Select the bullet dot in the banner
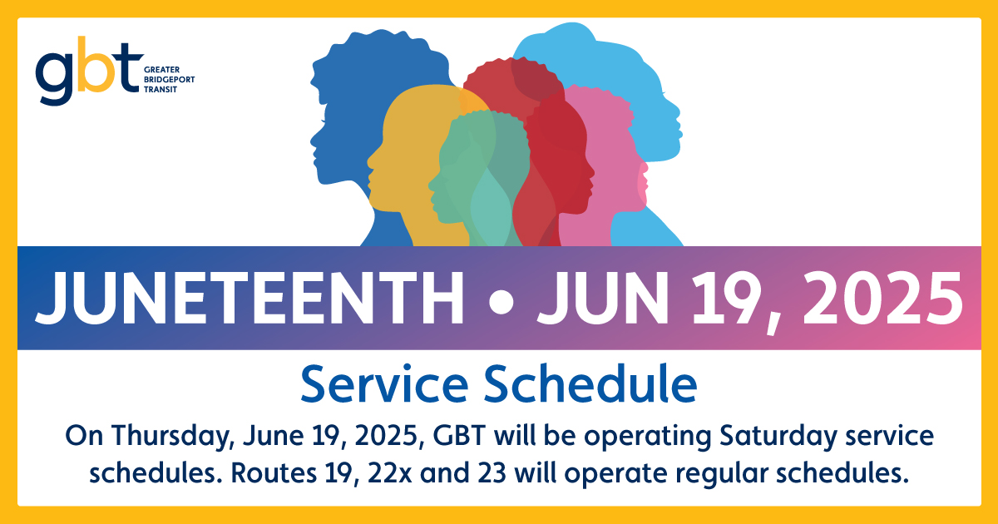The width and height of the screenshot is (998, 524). tap(499, 299)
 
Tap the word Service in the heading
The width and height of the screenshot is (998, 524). tap(380, 384)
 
